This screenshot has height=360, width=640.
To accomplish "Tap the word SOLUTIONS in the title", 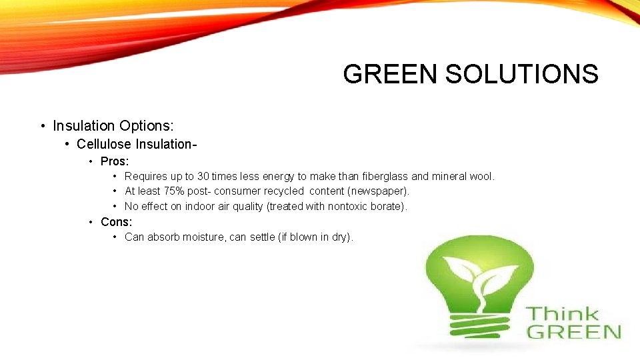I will point(521,74).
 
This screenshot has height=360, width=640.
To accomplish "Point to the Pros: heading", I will point(115,161).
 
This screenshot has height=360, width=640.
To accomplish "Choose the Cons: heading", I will point(117,221).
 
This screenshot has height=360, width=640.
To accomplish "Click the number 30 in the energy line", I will point(203,177).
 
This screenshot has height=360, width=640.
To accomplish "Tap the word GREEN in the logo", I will point(573,331).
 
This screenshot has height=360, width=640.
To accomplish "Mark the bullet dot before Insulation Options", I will point(42,126).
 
